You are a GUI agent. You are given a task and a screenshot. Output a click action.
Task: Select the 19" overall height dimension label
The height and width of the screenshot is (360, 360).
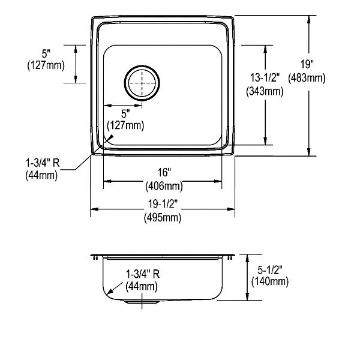(307, 64)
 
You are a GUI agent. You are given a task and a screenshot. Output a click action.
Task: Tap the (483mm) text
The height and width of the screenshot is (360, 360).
(307, 78)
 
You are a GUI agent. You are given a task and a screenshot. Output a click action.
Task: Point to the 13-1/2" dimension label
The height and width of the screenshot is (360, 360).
(265, 77)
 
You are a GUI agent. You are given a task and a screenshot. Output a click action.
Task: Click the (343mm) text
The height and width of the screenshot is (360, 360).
(265, 91)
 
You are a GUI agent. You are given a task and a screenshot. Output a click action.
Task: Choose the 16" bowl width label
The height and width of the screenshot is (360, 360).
(164, 172)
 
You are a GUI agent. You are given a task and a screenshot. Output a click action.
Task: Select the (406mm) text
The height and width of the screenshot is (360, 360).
(164, 186)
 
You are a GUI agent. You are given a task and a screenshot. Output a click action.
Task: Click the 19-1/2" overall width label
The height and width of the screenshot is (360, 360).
(163, 203)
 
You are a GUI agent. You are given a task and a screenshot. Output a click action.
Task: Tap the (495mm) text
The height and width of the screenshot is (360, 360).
(163, 217)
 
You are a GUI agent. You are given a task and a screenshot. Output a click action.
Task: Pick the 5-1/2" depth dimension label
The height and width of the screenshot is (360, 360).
(269, 270)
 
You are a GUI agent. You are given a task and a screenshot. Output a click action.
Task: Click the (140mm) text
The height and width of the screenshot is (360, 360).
(270, 281)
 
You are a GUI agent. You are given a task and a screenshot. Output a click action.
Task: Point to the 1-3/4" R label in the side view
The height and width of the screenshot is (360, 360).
(143, 274)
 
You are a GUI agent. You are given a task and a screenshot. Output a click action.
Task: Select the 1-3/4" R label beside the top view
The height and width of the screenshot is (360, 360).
(43, 163)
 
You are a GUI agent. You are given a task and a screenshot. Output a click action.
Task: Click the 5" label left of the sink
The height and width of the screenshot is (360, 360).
(46, 54)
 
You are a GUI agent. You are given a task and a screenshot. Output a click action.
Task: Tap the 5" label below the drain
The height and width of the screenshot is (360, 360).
(125, 114)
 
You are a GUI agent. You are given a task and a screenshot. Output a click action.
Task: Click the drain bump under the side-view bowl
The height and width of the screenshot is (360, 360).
(142, 301)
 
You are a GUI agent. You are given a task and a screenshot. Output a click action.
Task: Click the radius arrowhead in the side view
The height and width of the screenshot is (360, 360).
(110, 291)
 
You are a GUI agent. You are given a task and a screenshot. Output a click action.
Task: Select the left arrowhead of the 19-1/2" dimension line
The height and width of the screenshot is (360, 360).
(95, 209)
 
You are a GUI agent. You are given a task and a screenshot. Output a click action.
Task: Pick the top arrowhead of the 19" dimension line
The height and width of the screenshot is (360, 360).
(309, 20)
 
